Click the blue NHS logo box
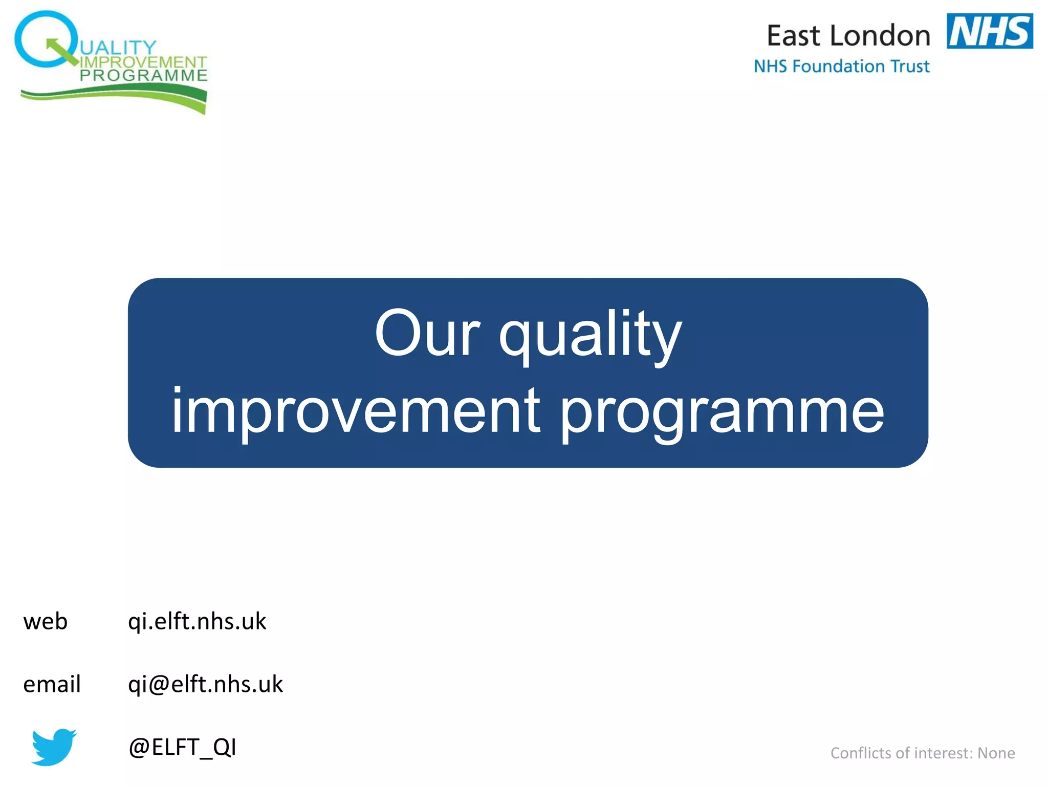(x=989, y=31)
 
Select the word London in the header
(x=880, y=36)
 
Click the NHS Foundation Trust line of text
(x=841, y=67)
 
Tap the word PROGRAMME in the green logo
(x=143, y=76)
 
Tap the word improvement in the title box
(x=355, y=412)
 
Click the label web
(x=46, y=622)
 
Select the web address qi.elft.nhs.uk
(x=197, y=622)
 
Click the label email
(x=52, y=685)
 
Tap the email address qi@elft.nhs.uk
(x=205, y=685)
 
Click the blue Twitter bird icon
(x=53, y=747)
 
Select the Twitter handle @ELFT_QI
(x=182, y=748)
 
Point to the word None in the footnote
(x=996, y=753)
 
